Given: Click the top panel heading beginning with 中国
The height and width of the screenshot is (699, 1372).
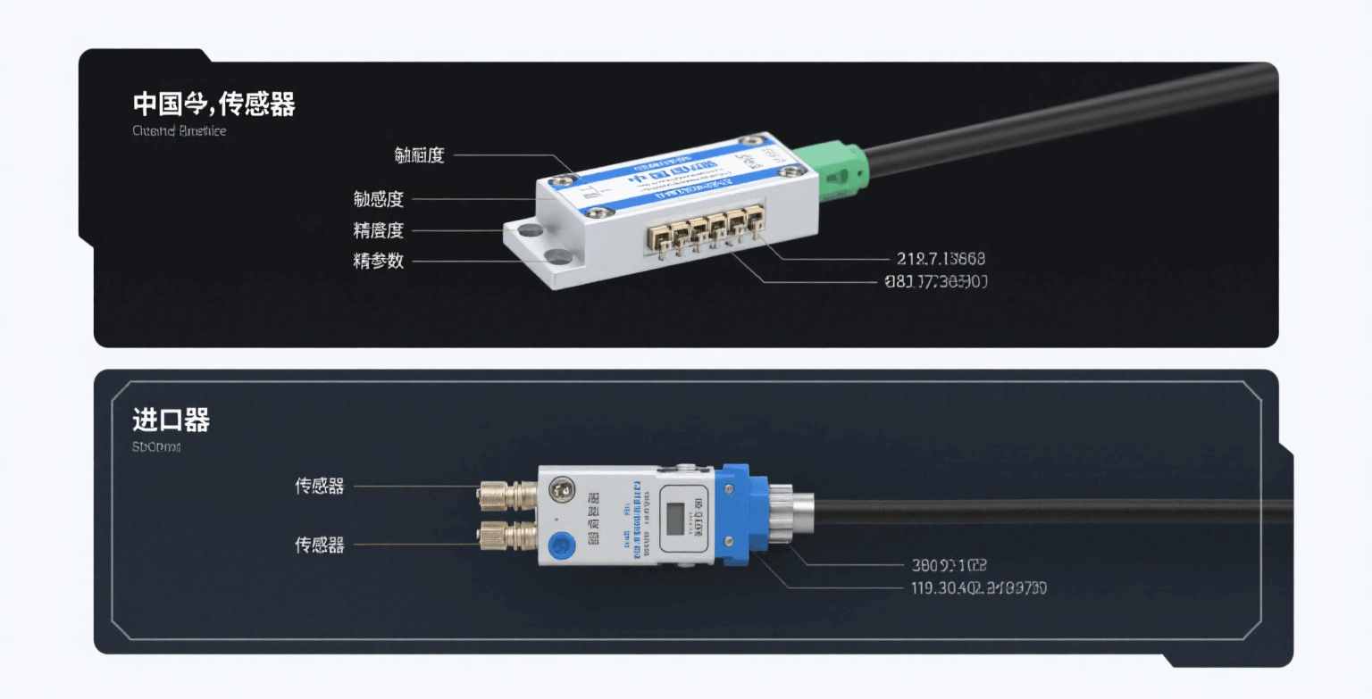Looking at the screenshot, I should tap(213, 104).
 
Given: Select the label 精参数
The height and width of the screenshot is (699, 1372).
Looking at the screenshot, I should tap(379, 262).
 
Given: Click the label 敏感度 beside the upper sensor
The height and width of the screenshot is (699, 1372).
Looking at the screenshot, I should tap(379, 200).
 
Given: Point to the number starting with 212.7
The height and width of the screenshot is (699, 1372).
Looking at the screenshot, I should tap(941, 259).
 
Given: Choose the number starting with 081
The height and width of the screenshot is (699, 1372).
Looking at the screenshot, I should tap(934, 283).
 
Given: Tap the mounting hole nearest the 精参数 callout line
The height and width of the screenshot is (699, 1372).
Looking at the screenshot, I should tap(560, 258).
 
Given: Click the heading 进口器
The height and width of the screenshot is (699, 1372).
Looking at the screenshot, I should tap(171, 420).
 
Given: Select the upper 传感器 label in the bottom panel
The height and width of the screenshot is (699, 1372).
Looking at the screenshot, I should tap(320, 487).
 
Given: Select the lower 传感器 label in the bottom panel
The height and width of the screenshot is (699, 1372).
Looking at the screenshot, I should tap(320, 545).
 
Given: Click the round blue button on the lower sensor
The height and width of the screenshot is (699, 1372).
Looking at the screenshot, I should tap(560, 543).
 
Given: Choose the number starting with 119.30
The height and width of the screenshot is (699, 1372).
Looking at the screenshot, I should tap(978, 588).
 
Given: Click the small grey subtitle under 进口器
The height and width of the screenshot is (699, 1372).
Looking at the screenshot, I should tap(156, 446).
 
